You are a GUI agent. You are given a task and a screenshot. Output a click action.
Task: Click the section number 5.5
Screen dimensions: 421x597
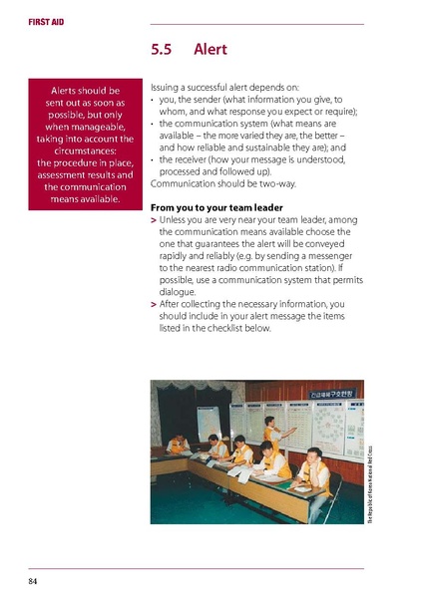[163, 49]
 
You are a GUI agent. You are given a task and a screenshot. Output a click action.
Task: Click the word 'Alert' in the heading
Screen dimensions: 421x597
[211, 49]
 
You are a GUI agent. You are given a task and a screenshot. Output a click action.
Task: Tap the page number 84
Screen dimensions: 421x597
[33, 579]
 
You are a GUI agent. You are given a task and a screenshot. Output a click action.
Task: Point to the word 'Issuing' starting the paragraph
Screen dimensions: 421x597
[166, 88]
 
